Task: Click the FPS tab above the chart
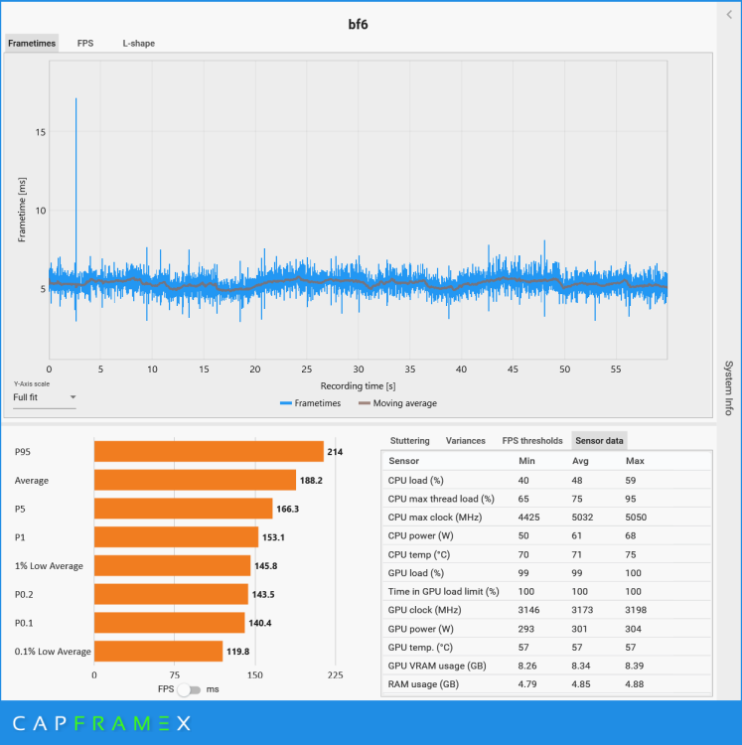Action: tap(85, 44)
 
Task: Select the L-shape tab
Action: tap(138, 44)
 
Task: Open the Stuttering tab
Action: tap(410, 440)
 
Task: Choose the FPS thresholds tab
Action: tap(531, 440)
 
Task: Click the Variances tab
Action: tap(465, 440)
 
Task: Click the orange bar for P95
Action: tap(209, 452)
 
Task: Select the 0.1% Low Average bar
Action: tap(158, 652)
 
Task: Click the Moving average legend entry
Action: tap(397, 403)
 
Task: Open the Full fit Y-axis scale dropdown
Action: tap(45, 397)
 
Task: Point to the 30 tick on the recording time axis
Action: tap(359, 369)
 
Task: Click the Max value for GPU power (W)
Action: tap(637, 628)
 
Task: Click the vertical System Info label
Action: tap(728, 387)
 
